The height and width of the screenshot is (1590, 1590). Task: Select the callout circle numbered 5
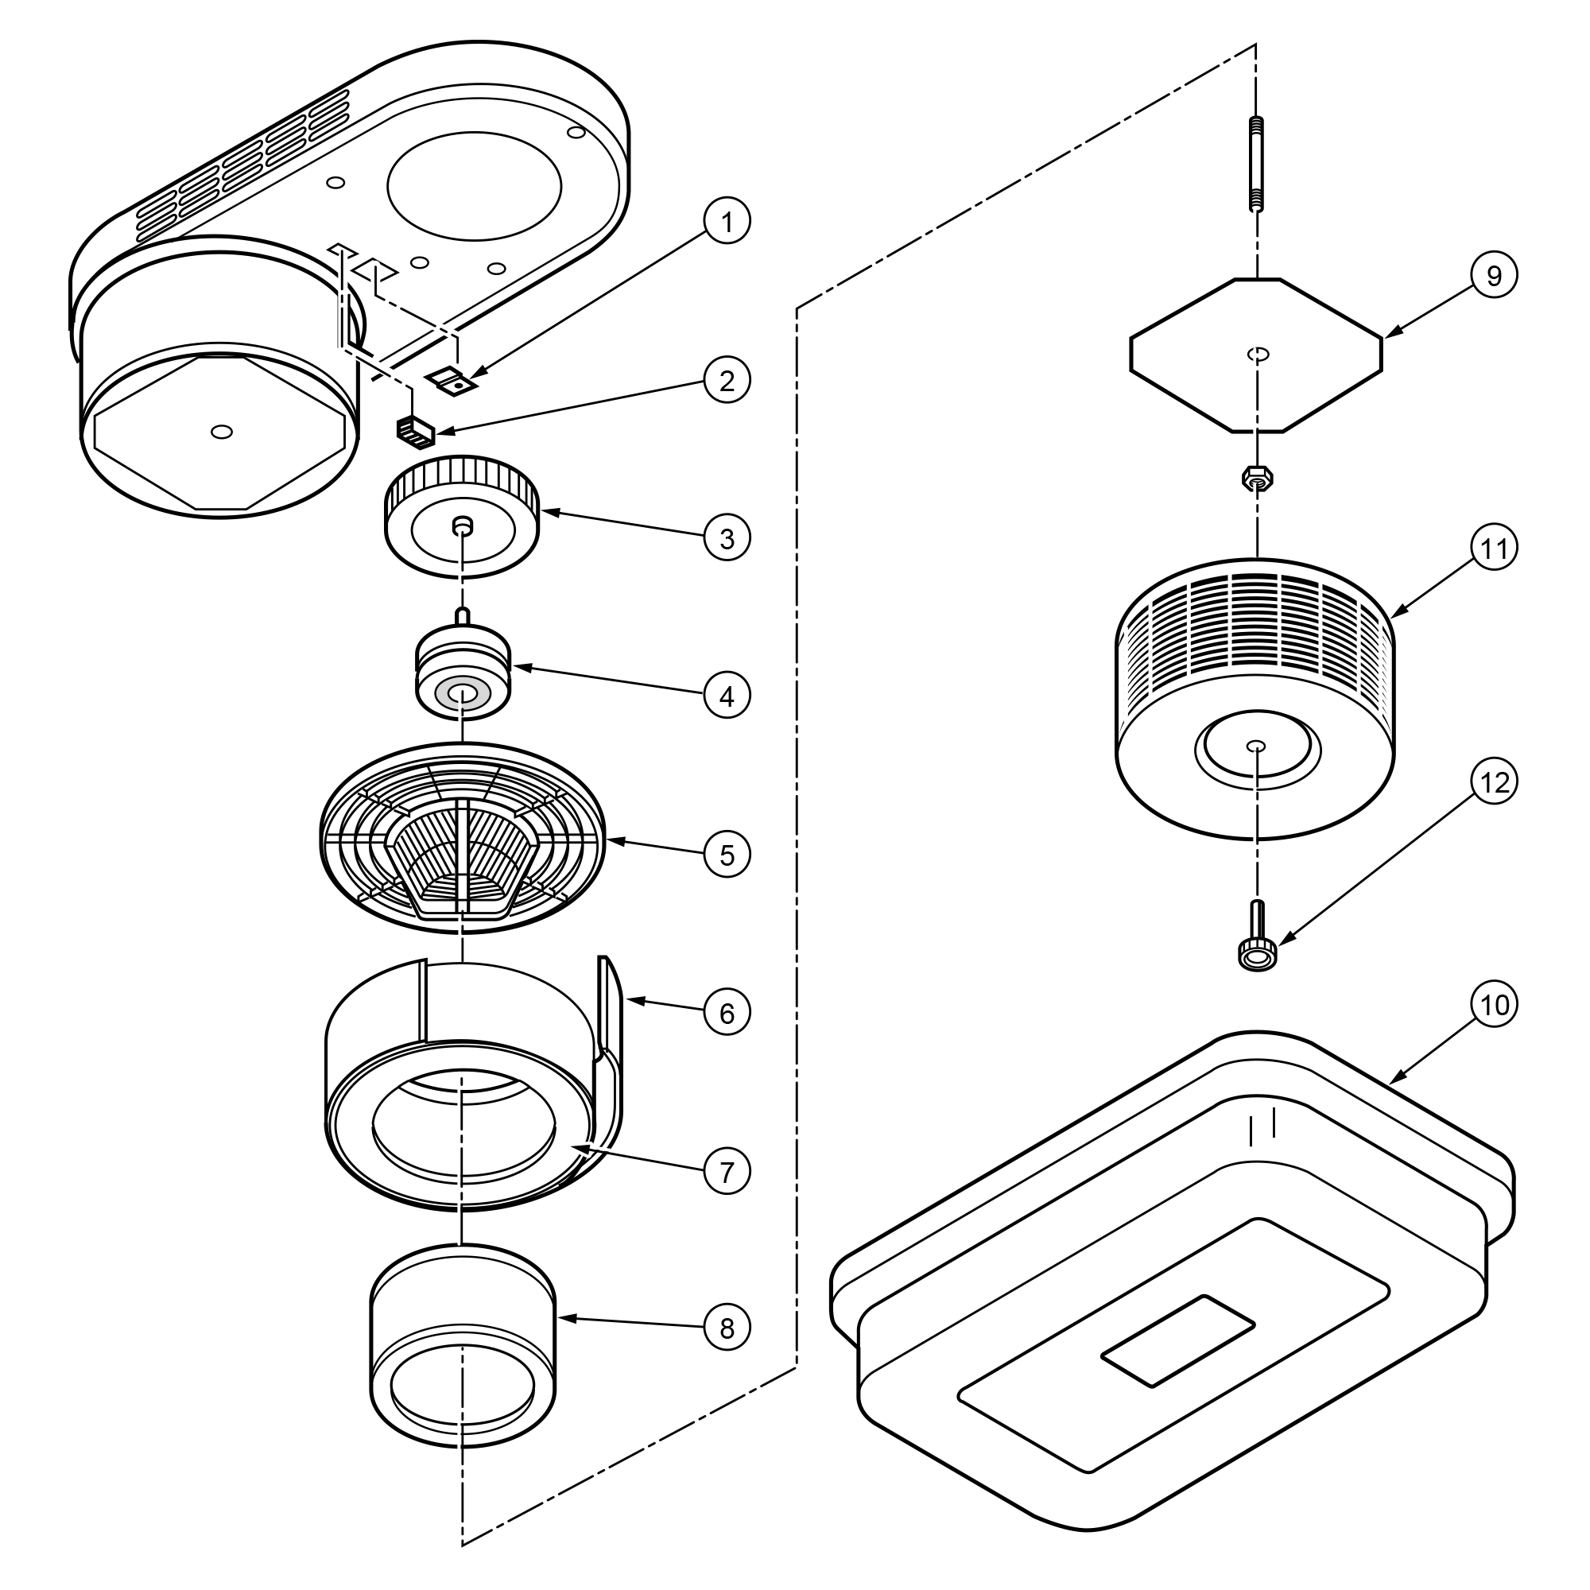(727, 855)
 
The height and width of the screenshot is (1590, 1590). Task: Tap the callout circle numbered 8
(727, 1328)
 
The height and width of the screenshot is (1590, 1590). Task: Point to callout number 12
(1494, 781)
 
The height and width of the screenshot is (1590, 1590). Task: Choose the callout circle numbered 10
(1494, 1004)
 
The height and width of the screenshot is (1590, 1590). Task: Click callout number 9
(1494, 276)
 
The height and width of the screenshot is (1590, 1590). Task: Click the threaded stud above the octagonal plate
(1257, 165)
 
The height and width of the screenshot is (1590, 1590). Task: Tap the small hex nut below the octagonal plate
(1257, 476)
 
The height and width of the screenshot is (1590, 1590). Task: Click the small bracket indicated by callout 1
(455, 379)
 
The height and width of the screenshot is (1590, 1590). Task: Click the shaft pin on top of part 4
(463, 615)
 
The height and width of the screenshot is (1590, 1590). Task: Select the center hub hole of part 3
(463, 525)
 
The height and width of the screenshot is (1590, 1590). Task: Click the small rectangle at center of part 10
(1178, 1340)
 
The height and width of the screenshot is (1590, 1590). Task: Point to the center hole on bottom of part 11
(1257, 747)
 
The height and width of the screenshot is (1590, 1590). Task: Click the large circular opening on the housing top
(474, 186)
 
